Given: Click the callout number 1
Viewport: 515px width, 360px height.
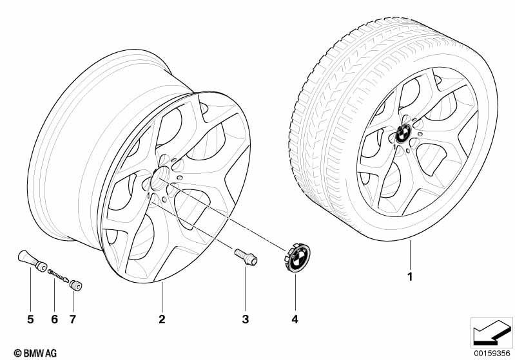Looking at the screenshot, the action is click(409, 277).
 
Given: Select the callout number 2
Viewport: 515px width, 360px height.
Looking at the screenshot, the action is click(162, 319).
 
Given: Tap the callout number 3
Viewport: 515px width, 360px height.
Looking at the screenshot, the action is click(246, 319).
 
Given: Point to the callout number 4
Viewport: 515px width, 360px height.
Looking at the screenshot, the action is click(295, 319).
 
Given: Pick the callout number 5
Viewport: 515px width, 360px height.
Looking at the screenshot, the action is click(30, 319).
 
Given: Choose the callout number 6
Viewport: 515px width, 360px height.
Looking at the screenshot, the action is click(55, 319).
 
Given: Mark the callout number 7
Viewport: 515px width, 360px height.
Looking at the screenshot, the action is click(73, 319).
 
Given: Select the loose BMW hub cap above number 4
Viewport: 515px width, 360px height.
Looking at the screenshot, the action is click(297, 257).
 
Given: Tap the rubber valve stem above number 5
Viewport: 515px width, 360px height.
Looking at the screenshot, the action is click(32, 261).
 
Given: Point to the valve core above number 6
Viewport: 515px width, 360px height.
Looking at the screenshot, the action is click(59, 276).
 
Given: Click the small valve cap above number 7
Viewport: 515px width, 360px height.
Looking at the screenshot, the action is click(76, 285).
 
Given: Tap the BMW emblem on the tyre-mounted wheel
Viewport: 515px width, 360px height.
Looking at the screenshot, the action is click(403, 133).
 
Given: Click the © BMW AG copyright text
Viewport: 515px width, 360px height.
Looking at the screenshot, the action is click(35, 353).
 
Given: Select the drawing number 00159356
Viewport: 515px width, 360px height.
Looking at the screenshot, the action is click(492, 354).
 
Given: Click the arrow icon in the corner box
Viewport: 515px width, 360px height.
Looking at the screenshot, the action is click(492, 332).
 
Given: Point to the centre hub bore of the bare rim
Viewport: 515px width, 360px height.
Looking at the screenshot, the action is click(159, 178).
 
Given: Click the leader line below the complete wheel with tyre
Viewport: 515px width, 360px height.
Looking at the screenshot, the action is click(410, 254).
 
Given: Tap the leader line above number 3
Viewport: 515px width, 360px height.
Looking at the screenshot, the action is click(246, 289).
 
